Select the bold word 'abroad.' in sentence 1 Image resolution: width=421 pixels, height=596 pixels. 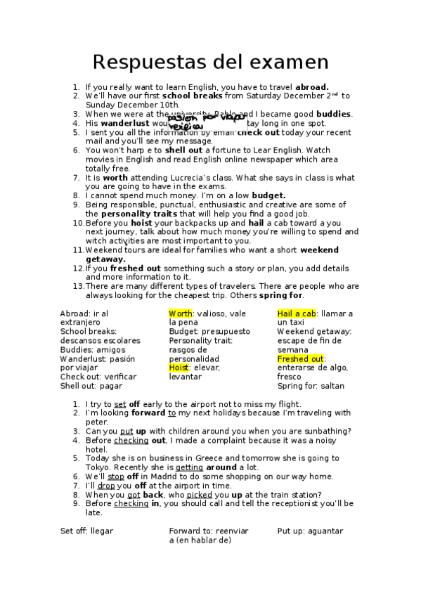tap(312, 87)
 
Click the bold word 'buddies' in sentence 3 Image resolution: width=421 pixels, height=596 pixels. tap(334, 114)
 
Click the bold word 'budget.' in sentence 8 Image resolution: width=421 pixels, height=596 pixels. tap(268, 195)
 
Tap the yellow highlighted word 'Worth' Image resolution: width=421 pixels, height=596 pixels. tap(181, 313)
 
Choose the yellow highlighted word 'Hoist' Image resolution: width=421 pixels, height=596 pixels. tap(180, 368)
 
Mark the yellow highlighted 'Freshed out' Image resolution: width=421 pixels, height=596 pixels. tap(301, 358)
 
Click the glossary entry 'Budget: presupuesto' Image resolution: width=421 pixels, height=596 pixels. tap(209, 331)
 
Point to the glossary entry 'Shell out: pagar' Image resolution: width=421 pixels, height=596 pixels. tap(91, 386)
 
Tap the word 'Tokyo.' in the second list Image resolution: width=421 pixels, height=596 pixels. tap(99, 467)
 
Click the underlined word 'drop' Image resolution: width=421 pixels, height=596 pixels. tap(106, 486)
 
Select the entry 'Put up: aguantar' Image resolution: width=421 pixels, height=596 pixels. tap(310, 531)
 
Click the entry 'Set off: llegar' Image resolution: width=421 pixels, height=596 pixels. tap(86, 531)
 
